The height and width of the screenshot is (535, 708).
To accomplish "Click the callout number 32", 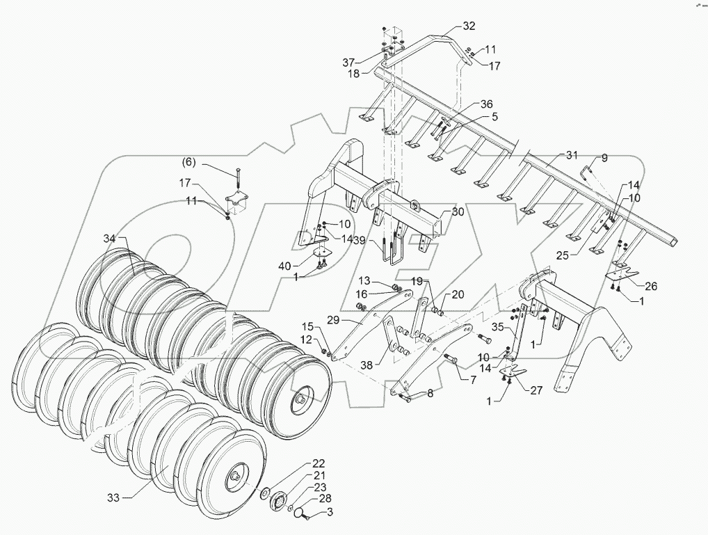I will (x=469, y=26).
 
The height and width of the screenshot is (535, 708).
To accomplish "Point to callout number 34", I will (x=110, y=239).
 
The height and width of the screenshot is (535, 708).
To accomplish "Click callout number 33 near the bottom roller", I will (x=113, y=497).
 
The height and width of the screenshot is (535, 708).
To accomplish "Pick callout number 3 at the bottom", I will (x=331, y=513).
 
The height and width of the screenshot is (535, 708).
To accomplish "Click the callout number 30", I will (x=458, y=212).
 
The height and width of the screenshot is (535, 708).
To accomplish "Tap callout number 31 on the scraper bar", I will (x=572, y=154).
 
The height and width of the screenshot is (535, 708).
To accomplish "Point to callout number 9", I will (x=604, y=158).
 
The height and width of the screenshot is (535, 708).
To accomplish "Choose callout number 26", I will (x=651, y=286).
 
